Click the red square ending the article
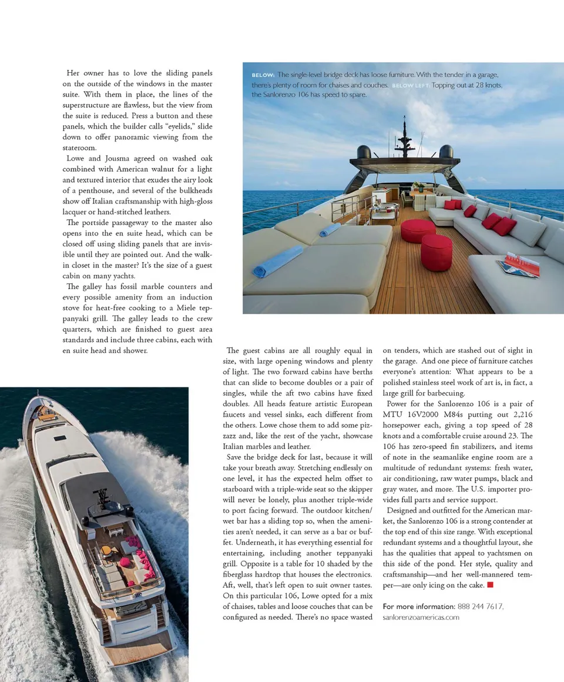coord(490,585)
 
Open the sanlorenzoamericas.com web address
coord(421,617)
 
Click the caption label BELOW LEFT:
coord(410,85)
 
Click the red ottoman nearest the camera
coord(437,252)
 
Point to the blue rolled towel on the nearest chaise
coord(277,262)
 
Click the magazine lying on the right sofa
coord(518,265)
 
